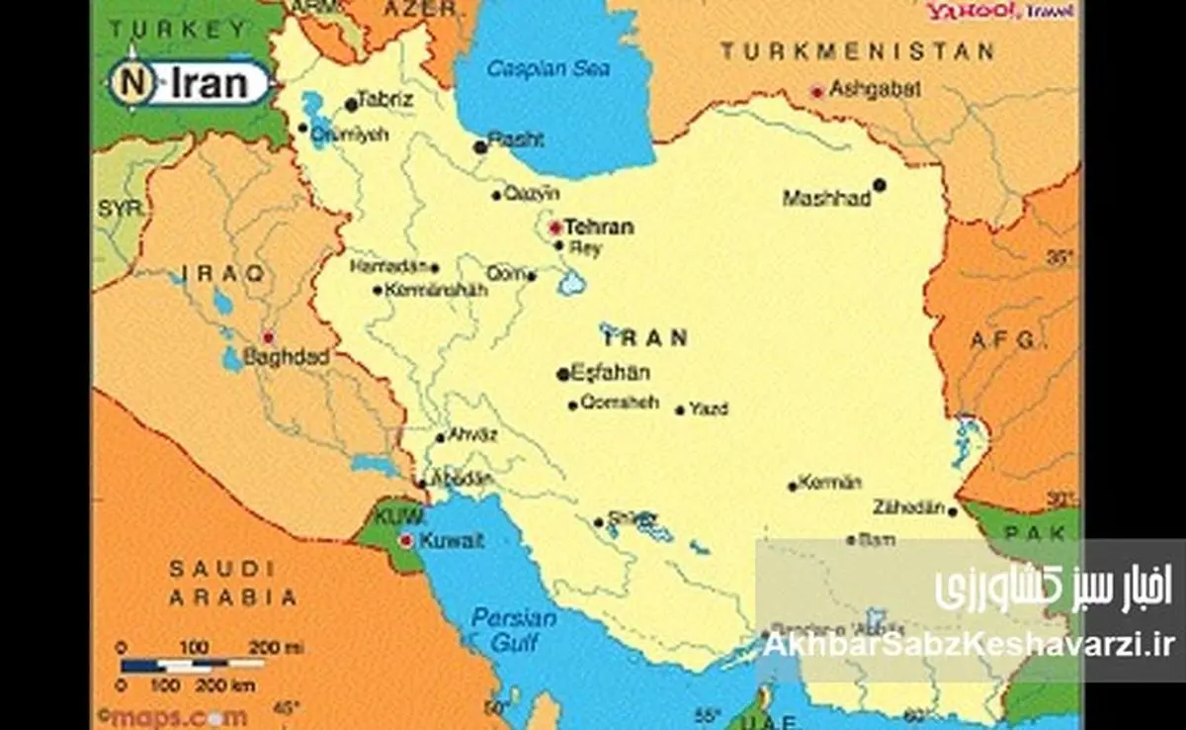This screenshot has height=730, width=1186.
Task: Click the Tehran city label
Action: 599,227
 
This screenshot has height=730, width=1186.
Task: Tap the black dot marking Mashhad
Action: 879,185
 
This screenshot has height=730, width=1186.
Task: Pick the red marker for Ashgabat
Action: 817,91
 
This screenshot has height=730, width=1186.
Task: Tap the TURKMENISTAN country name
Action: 856,51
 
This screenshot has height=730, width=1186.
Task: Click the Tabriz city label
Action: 385,101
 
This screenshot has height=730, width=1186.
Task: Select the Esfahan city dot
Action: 563,374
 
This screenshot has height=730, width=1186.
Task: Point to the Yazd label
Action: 709,409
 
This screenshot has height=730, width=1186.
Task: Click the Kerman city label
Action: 830,483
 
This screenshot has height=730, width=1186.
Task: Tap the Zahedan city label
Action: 906,507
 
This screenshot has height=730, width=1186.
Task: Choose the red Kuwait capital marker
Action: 405,540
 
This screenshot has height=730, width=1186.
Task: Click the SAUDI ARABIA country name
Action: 232,583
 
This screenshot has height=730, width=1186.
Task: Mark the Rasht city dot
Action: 480,146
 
